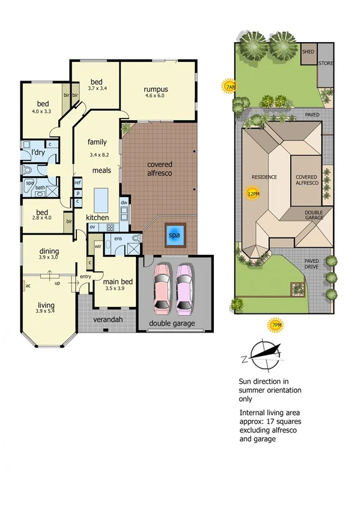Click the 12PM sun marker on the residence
[x=253, y=194]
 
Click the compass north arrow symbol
[x=263, y=354]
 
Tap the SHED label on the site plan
[x=308, y=51]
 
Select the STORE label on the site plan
[x=326, y=63]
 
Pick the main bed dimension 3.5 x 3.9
[x=114, y=289]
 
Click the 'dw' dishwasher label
[x=124, y=203]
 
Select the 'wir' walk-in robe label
[x=97, y=246]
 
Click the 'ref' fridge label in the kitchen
[x=78, y=182]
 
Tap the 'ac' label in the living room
[x=28, y=286]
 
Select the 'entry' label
[x=85, y=276]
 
